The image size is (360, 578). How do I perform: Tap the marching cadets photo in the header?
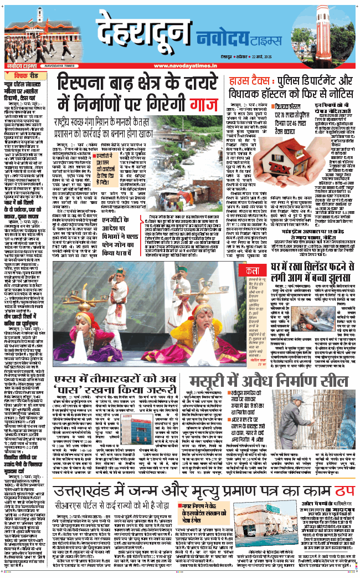click(x=23, y=36)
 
